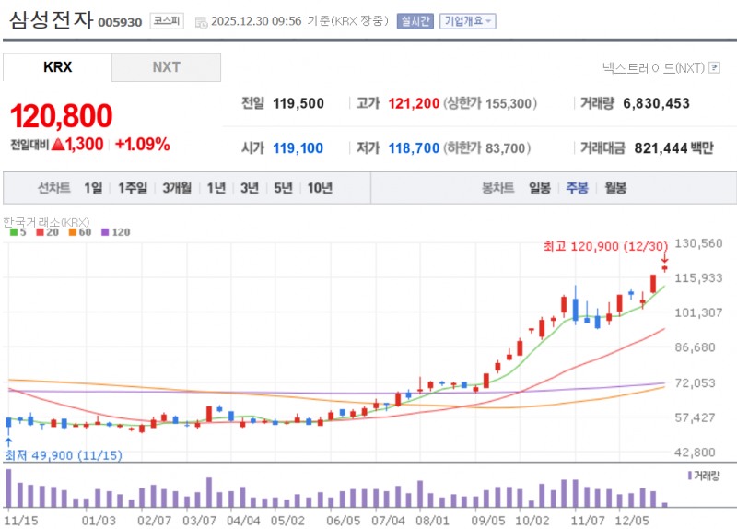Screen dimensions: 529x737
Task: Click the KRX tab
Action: [57, 67]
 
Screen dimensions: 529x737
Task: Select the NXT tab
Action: [166, 67]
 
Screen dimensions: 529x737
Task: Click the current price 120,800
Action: [61, 116]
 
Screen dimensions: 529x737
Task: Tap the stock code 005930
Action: [120, 21]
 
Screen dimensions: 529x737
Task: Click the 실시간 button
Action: [415, 20]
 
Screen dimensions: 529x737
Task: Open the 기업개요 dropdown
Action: [467, 20]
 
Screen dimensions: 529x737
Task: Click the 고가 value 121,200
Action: [414, 103]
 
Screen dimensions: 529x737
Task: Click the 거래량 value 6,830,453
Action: [656, 103]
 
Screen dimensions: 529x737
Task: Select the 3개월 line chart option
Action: [177, 188]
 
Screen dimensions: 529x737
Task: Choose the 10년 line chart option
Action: [320, 188]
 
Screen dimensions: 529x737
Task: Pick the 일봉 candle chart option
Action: [540, 188]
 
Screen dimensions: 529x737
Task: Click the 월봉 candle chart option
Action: [615, 188]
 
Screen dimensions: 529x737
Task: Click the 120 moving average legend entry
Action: [117, 232]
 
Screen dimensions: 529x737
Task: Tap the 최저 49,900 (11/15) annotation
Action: [51, 455]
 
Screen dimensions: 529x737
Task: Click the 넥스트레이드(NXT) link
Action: [652, 67]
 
